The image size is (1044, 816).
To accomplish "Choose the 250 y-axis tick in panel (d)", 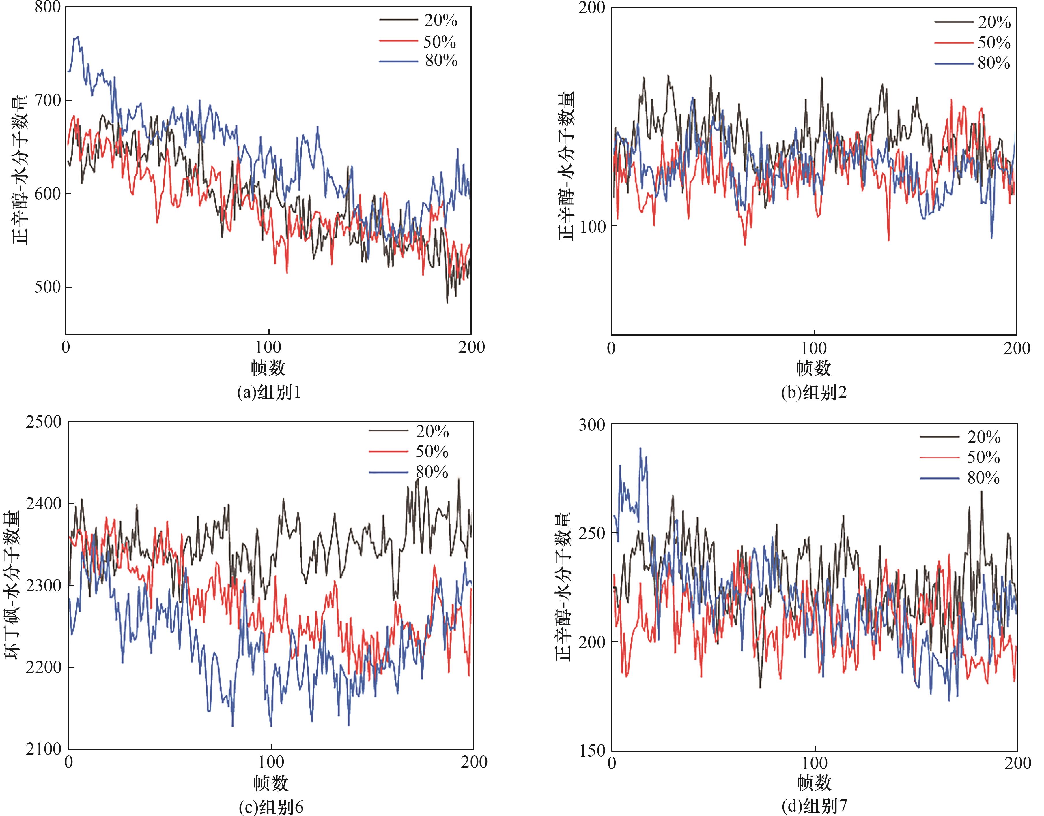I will point(592,533).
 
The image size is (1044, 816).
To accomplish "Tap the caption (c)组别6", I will point(271,807).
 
